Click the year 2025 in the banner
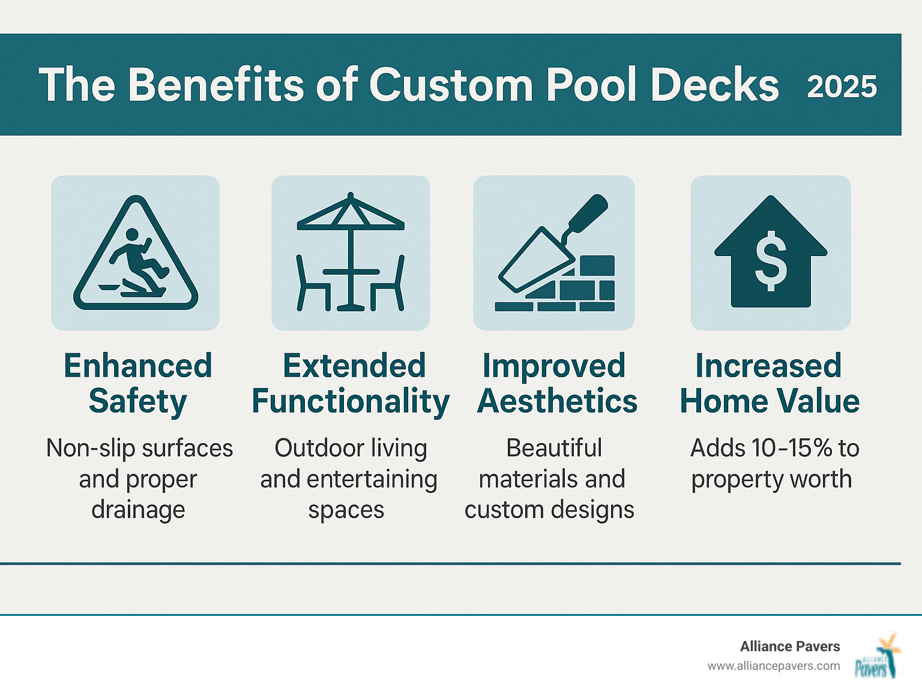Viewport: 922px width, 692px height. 842,86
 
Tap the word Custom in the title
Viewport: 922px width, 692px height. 450,85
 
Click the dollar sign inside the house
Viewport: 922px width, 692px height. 771,261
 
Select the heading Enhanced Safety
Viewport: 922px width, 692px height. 138,383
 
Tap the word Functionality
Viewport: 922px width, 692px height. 351,401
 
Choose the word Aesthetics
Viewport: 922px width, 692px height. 556,401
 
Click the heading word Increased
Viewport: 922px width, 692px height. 768,366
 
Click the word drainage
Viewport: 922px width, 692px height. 138,510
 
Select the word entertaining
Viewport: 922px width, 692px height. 372,479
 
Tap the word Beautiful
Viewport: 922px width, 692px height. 553,448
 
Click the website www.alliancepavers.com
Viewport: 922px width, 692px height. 773,666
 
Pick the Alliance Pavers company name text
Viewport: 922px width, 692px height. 789,646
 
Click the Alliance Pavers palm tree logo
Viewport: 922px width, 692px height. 878,656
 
